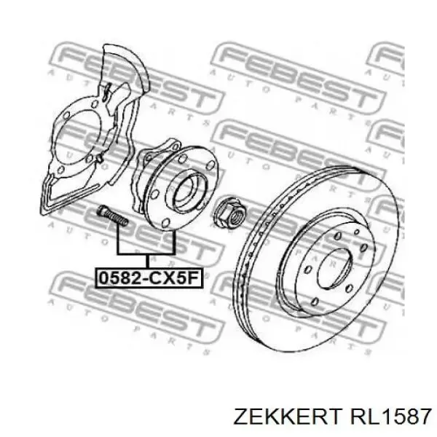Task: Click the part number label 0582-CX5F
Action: point(146,277)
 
